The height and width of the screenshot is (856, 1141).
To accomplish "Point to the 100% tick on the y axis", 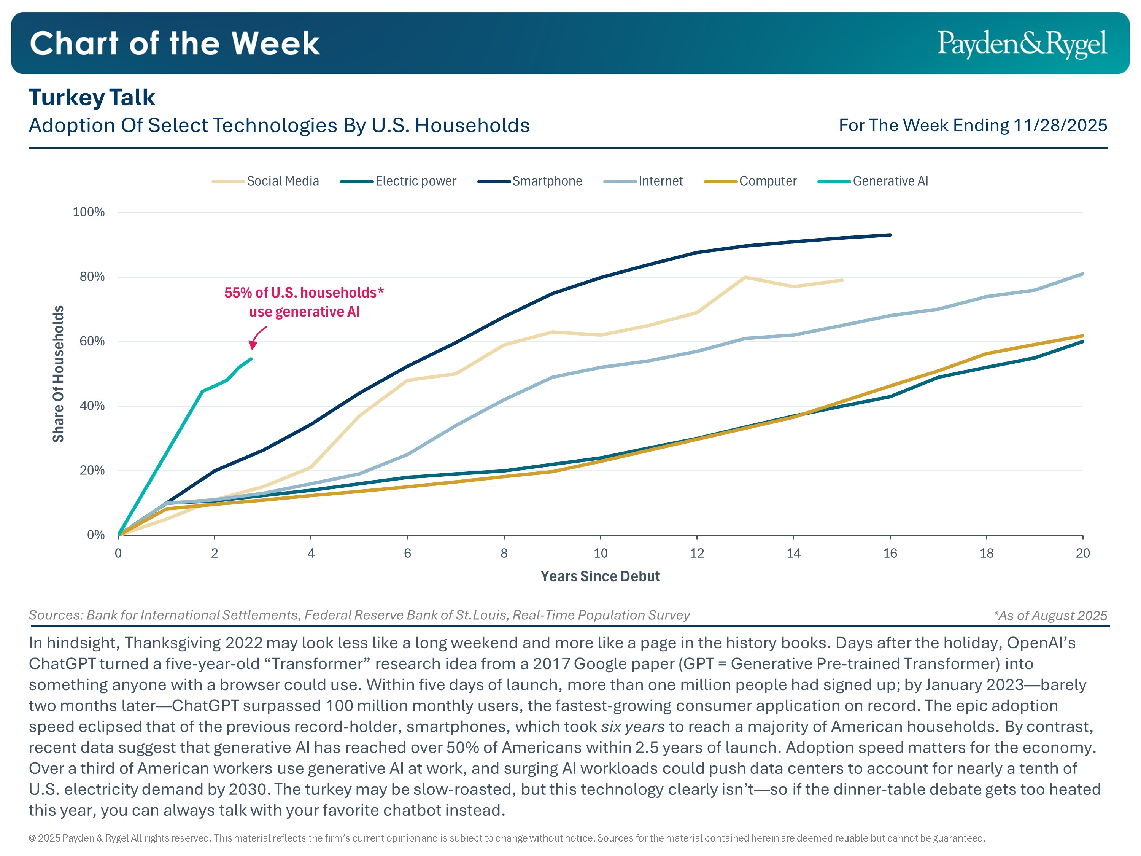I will (x=89, y=212).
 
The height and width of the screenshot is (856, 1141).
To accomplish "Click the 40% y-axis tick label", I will (x=92, y=406).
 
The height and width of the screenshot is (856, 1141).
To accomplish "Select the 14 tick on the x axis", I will (x=793, y=554).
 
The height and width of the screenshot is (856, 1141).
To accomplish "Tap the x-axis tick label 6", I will (x=407, y=554).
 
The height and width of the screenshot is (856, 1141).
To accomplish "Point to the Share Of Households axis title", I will (x=58, y=374).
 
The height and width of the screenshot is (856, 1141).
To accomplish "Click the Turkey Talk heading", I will (x=92, y=97).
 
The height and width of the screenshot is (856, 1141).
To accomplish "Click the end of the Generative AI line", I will (x=251, y=359).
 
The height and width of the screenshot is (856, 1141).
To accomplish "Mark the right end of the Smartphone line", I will (x=890, y=235).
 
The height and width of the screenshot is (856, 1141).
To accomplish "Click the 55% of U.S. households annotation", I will (x=304, y=302).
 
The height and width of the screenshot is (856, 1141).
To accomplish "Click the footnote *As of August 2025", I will (x=1050, y=616).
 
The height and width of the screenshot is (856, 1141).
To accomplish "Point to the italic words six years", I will (x=632, y=727).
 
